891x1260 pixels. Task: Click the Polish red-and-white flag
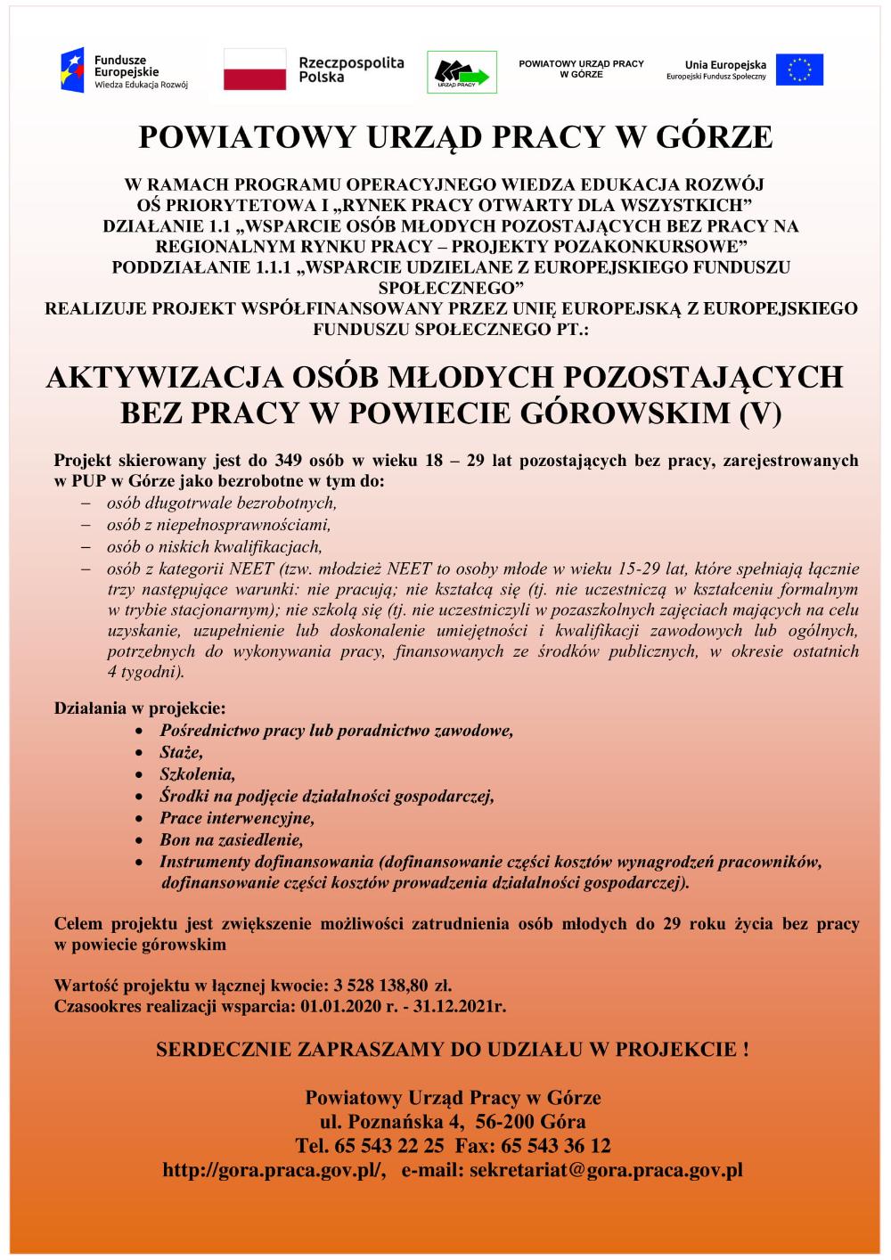click(x=254, y=70)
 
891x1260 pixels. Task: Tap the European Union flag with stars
click(x=799, y=70)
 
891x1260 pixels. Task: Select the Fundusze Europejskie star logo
click(x=72, y=70)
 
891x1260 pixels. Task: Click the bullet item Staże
click(x=181, y=752)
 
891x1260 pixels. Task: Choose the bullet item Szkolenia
click(x=197, y=773)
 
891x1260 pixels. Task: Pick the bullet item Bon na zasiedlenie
click(x=232, y=839)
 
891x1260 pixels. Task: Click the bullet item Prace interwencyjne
click(x=237, y=817)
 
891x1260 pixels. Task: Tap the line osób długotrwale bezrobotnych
click(x=222, y=503)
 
